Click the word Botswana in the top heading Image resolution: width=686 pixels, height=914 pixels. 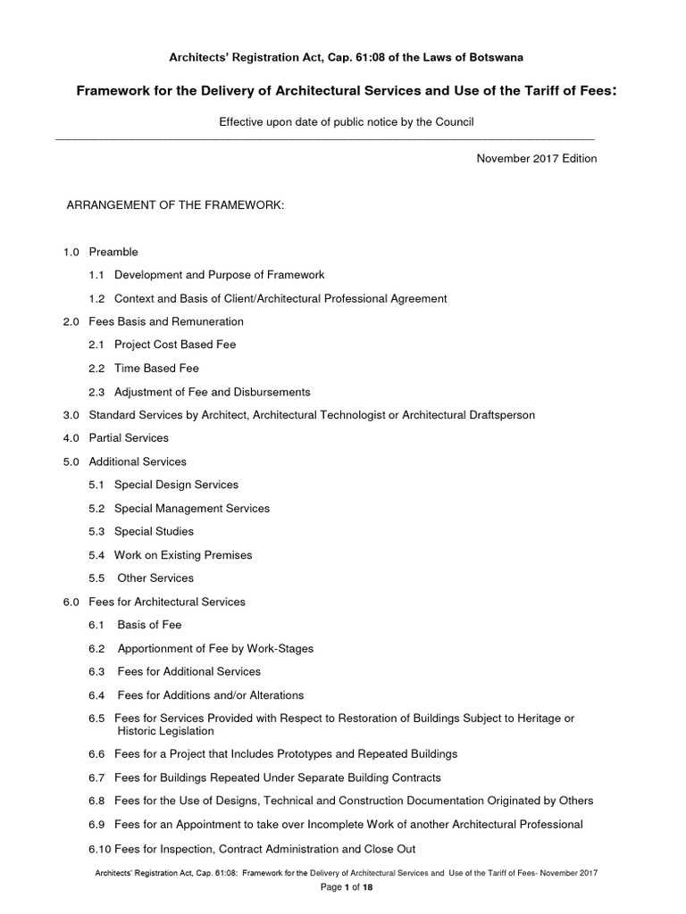pyautogui.click(x=498, y=57)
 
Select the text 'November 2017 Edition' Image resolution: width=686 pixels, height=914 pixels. pyautogui.click(x=537, y=159)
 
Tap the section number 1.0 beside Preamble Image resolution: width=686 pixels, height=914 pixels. pyautogui.click(x=71, y=252)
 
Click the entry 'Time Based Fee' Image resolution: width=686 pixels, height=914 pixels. pyautogui.click(x=156, y=368)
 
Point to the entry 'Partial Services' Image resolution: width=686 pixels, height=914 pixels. pyautogui.click(x=129, y=438)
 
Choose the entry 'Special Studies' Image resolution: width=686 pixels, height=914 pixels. pyautogui.click(x=155, y=531)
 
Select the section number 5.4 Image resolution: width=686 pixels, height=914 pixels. pyautogui.click(x=96, y=555)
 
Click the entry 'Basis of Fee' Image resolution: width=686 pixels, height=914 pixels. pyautogui.click(x=149, y=625)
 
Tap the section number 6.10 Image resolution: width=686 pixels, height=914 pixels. pyautogui.click(x=100, y=849)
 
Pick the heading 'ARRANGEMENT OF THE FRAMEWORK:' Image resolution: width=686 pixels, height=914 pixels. pyautogui.click(x=176, y=206)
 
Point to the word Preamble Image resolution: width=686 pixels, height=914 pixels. pyautogui.click(x=113, y=252)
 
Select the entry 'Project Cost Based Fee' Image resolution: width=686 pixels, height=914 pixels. pyautogui.click(x=175, y=345)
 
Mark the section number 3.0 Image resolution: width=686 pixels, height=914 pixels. pyautogui.click(x=71, y=415)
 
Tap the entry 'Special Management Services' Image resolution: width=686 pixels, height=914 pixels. pyautogui.click(x=192, y=508)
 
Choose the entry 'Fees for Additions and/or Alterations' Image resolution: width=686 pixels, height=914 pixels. pyautogui.click(x=211, y=694)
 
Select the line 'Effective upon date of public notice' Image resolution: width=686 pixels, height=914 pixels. pyautogui.click(x=347, y=122)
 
